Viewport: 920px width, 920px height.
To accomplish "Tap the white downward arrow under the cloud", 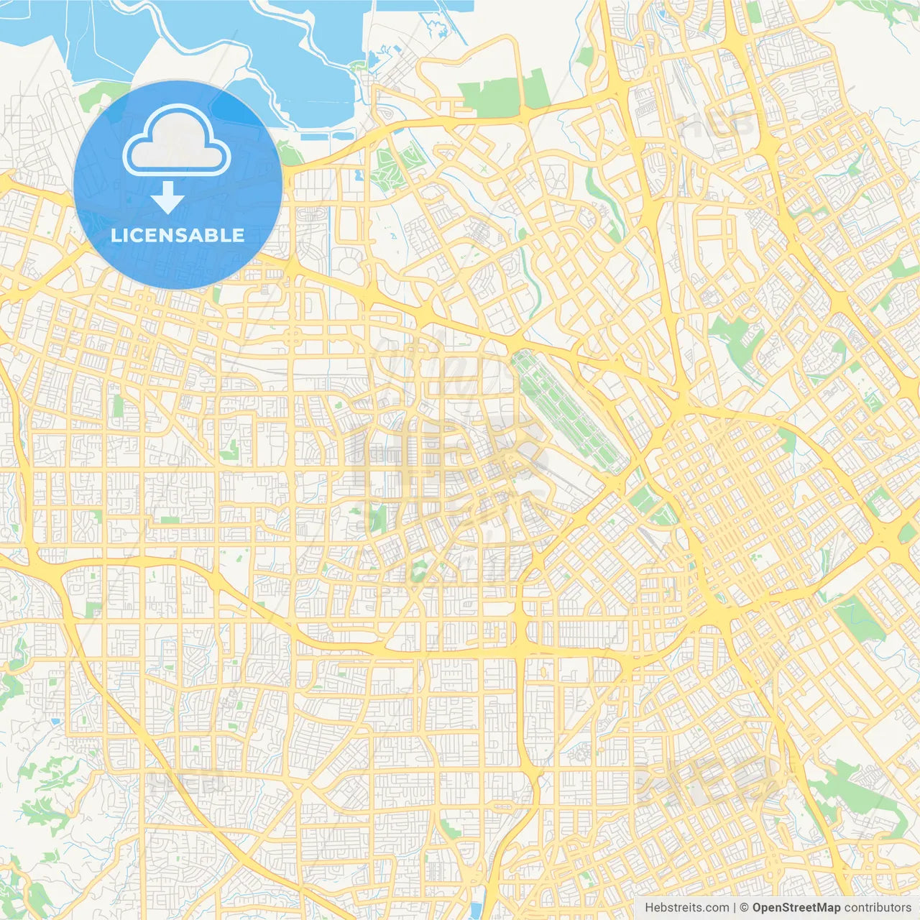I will coord(167,197).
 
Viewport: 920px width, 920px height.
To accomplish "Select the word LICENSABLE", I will coord(178,235).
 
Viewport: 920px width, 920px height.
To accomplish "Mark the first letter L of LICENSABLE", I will coord(116,235).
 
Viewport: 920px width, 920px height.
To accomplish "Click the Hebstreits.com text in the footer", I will coord(686,908).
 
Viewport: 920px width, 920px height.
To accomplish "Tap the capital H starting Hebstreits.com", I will coord(649,908).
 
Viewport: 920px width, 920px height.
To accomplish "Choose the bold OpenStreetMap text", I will coord(796,908).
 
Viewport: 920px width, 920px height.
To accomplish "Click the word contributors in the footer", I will coord(877,908).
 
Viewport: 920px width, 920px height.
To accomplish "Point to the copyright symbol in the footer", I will coord(744,908).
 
